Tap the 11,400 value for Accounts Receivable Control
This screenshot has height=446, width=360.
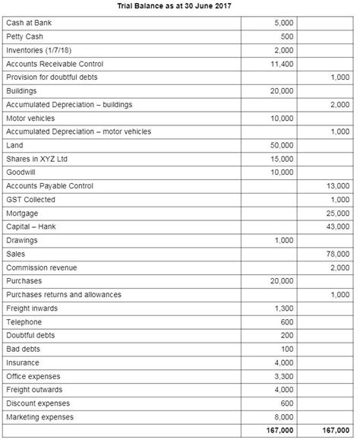(x=281, y=64)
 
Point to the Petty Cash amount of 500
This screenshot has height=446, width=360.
(x=286, y=36)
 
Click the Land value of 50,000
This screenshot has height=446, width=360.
(x=281, y=145)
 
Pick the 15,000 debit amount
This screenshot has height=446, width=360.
(x=281, y=159)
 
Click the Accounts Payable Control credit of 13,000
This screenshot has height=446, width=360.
(x=337, y=186)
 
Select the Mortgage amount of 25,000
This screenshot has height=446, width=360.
(x=337, y=214)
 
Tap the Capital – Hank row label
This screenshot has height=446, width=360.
(x=31, y=227)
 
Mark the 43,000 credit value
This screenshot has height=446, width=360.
(x=337, y=227)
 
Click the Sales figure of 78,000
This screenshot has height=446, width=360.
(x=337, y=255)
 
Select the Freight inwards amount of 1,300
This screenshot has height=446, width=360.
(x=283, y=308)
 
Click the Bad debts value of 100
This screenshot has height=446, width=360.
(x=286, y=350)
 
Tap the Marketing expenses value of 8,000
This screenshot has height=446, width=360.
(x=283, y=417)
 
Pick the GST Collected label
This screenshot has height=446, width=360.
(x=30, y=200)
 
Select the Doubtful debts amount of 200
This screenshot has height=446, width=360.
(x=286, y=336)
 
